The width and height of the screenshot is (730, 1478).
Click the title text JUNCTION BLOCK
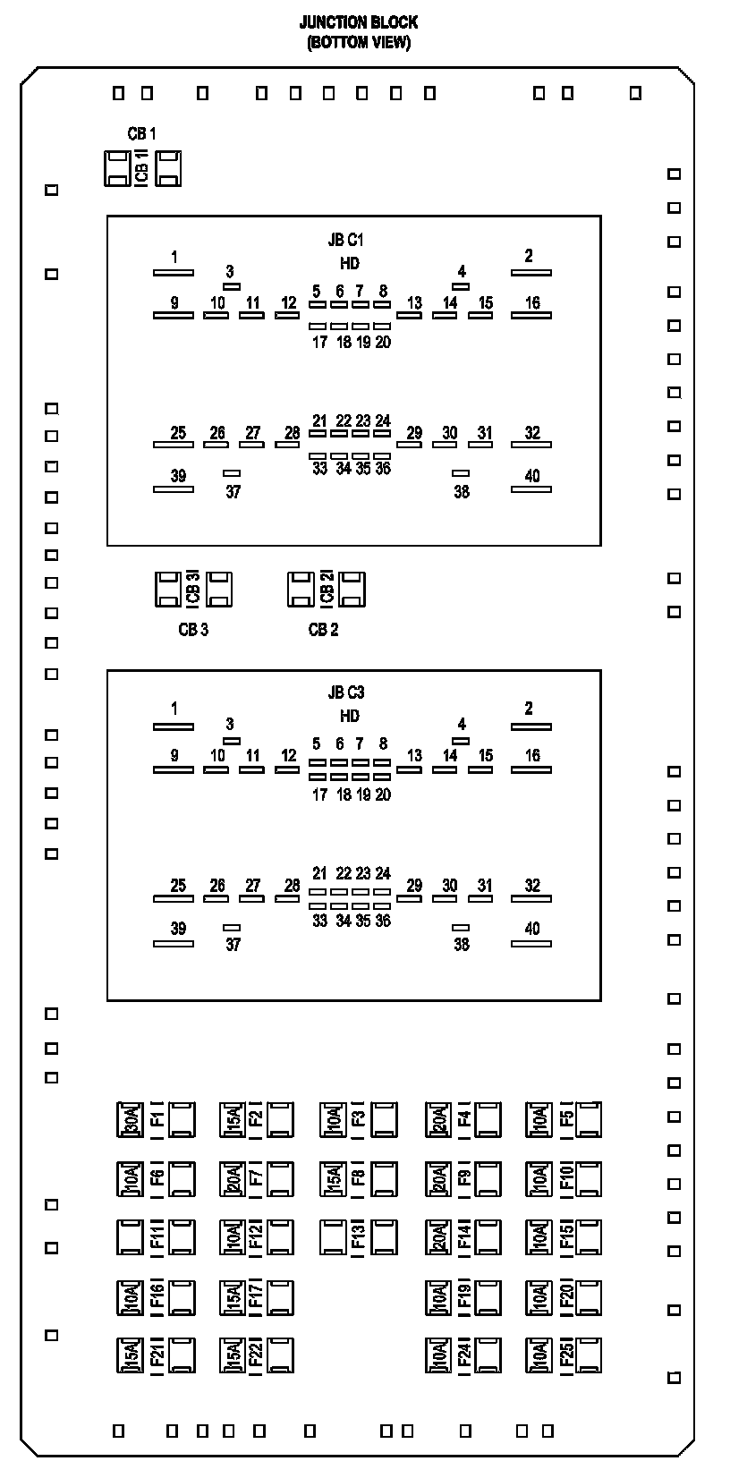[358, 22]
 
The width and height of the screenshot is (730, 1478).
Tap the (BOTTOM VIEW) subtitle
[358, 42]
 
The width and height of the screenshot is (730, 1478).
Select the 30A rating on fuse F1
[131, 1120]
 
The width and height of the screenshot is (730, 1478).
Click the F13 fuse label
[358, 1237]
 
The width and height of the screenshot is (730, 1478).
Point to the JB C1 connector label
[346, 240]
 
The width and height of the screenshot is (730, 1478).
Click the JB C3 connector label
[346, 692]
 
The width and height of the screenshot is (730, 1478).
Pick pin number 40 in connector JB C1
[532, 476]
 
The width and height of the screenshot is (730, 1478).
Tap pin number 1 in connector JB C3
[174, 709]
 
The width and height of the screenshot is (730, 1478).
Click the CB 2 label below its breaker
[323, 630]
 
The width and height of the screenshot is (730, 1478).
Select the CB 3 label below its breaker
[193, 630]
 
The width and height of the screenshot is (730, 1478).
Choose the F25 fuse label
[566, 1355]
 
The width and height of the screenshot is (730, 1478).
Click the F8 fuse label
[358, 1179]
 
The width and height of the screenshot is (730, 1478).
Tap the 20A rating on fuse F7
[233, 1179]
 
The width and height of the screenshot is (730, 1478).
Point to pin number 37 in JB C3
[233, 944]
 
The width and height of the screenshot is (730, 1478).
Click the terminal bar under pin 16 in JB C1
[531, 315]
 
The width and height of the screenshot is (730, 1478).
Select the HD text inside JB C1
[350, 264]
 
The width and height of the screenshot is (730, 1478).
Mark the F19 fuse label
[464, 1297]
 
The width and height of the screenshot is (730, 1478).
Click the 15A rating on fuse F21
[131, 1355]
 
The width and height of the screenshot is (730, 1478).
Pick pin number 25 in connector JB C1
[178, 433]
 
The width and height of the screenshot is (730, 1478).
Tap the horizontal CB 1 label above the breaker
[141, 134]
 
